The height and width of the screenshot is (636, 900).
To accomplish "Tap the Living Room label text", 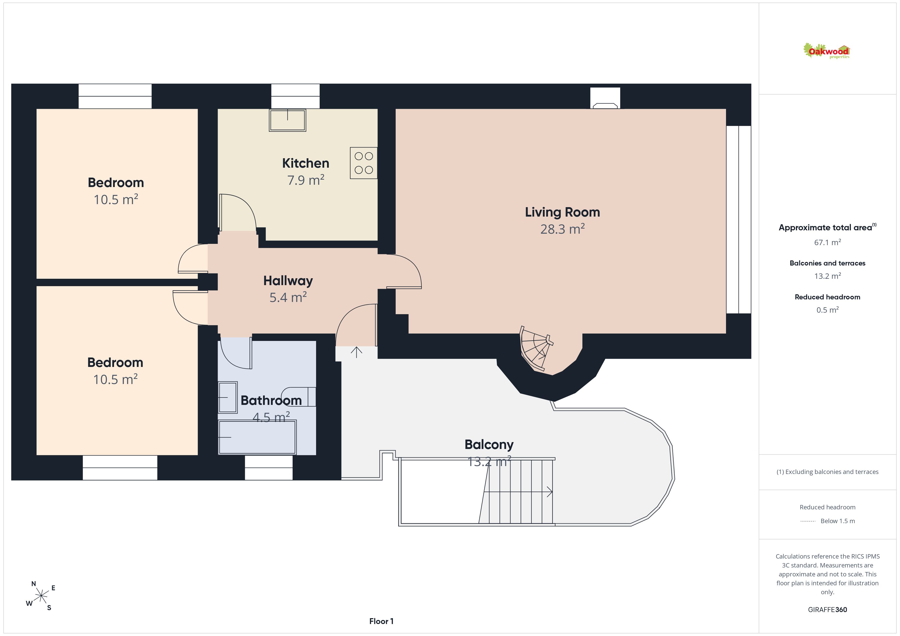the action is [x=562, y=212].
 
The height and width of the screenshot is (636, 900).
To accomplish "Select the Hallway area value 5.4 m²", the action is [x=288, y=297].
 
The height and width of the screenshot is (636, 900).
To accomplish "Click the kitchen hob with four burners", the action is [x=363, y=163].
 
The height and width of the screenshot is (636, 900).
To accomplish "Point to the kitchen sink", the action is [x=287, y=120].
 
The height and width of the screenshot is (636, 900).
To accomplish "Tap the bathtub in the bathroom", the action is [x=257, y=437].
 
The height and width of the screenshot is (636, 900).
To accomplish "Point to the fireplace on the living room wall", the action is [x=605, y=98].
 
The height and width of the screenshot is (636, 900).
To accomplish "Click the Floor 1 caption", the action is [x=381, y=621].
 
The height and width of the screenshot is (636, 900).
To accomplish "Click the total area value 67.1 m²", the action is [x=828, y=242].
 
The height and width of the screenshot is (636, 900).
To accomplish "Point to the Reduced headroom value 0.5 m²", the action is [x=828, y=310].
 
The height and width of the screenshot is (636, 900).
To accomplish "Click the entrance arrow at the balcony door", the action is [x=356, y=352].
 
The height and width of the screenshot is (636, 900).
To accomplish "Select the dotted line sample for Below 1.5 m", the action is [x=807, y=521].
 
